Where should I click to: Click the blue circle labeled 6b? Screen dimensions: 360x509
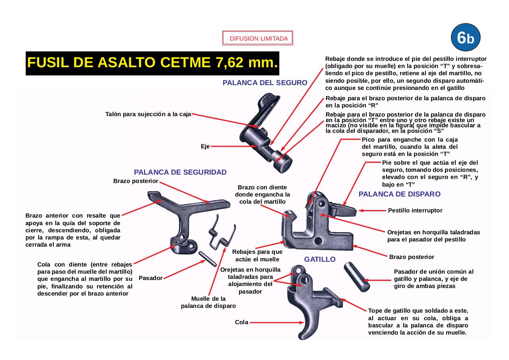pyautogui.click(x=466, y=38)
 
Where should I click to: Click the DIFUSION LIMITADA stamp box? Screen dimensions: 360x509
pyautogui.click(x=258, y=39)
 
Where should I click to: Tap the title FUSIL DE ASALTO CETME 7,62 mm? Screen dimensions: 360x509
pyautogui.click(x=152, y=63)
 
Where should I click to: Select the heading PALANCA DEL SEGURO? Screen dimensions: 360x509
pyautogui.click(x=265, y=83)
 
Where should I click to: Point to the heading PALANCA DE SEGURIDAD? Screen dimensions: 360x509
pyautogui.click(x=180, y=172)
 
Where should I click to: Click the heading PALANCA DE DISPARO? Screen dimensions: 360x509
pyautogui.click(x=399, y=194)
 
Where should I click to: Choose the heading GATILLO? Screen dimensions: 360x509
pyautogui.click(x=320, y=259)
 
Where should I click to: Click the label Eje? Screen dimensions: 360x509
pyautogui.click(x=205, y=146)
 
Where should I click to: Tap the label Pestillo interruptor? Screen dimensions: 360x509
pyautogui.click(x=415, y=210)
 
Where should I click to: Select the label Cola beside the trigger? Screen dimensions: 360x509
pyautogui.click(x=241, y=322)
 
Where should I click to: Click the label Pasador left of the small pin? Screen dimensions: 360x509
pyautogui.click(x=151, y=278)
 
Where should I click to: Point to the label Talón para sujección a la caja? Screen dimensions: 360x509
pyautogui.click(x=148, y=114)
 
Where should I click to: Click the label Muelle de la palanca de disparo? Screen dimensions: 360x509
pyautogui.click(x=208, y=302)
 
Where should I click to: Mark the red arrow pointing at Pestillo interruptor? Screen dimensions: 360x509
pyautogui.click(x=372, y=210)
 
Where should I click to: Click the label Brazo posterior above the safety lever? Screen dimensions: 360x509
pyautogui.click(x=136, y=181)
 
